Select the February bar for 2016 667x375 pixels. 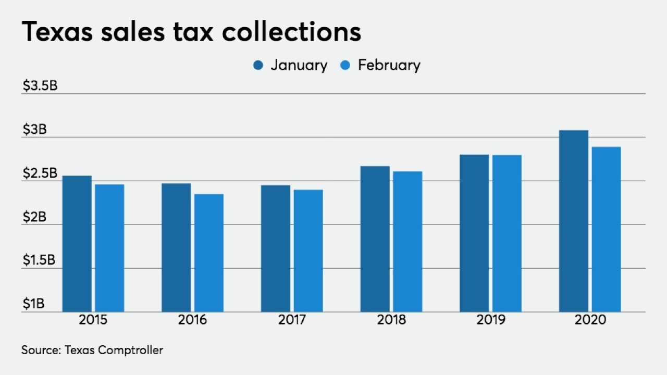click(x=209, y=253)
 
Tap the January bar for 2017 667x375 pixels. click(x=276, y=248)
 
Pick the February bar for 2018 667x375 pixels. click(x=407, y=242)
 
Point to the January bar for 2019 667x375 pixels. click(x=474, y=233)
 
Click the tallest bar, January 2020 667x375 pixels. click(x=573, y=221)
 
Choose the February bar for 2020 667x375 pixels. click(x=606, y=229)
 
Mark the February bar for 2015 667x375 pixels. click(x=109, y=248)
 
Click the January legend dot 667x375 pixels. click(x=258, y=65)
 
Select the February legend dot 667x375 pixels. click(x=345, y=65)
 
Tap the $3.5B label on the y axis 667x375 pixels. click(x=40, y=85)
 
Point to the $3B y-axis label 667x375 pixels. click(x=34, y=129)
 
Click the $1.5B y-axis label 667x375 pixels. click(x=39, y=260)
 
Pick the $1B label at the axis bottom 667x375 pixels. click(x=34, y=304)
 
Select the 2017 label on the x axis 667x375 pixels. click(x=292, y=319)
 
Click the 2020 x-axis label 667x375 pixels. click(x=590, y=319)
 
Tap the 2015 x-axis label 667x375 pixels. click(x=93, y=319)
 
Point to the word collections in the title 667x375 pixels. click(x=291, y=32)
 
